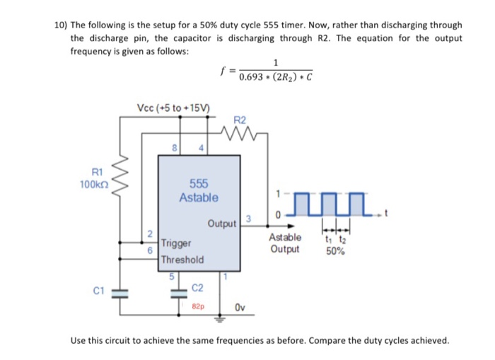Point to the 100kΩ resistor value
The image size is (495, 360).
coord(93,184)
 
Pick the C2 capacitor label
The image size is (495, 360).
coord(198,288)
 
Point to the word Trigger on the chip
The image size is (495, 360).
coord(176,243)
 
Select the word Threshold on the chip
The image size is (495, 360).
coord(182,260)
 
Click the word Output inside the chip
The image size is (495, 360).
coord(221,224)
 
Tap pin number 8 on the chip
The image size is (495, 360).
coord(174,147)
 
